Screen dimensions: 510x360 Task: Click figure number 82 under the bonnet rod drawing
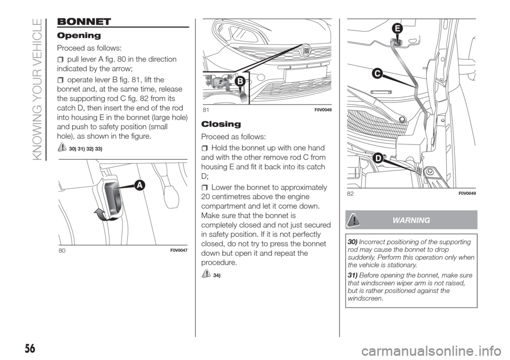(x=350, y=194)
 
